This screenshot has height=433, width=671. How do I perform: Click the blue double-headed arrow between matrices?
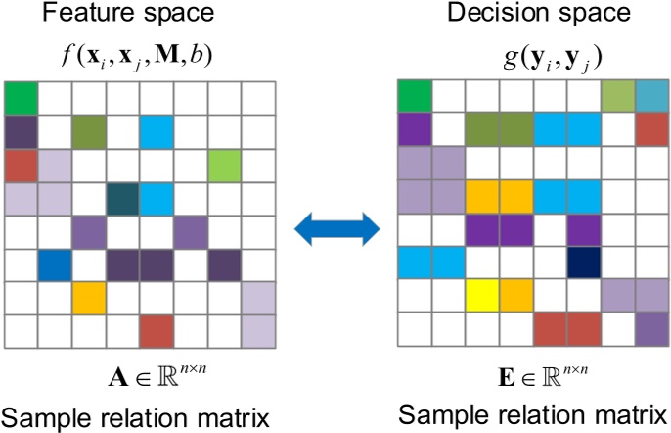tap(336, 232)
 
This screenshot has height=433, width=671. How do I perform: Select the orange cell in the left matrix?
tap(88, 296)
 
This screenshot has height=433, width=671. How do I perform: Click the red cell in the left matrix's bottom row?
tap(155, 330)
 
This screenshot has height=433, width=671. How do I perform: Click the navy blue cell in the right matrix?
tap(584, 261)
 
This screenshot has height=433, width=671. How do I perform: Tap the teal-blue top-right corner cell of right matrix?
tap(650, 95)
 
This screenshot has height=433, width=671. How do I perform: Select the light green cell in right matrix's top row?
tap(617, 95)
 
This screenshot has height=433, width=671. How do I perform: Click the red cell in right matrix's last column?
tap(650, 128)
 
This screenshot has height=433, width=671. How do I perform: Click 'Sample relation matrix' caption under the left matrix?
tap(135, 419)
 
